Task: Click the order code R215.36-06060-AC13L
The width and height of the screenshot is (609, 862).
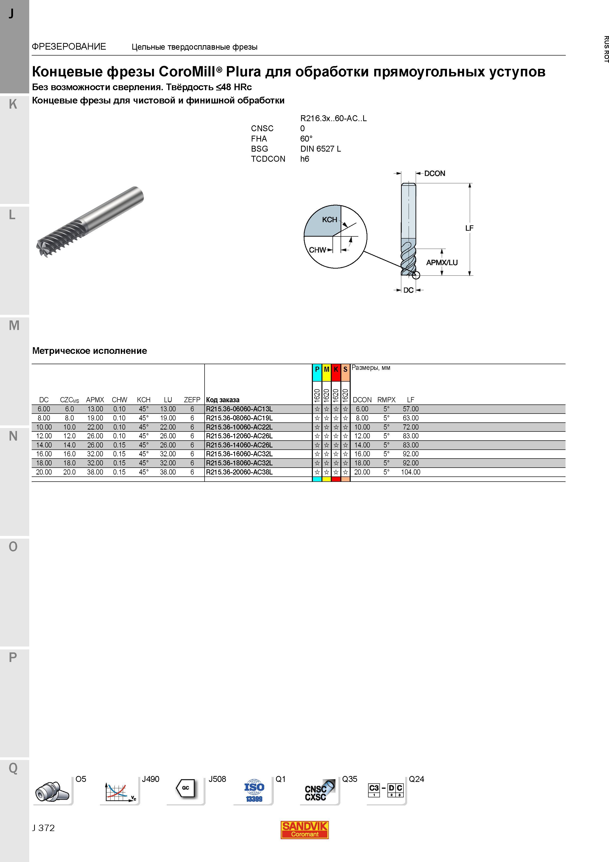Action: pyautogui.click(x=239, y=409)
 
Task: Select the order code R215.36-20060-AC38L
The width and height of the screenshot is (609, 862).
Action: pyautogui.click(x=239, y=472)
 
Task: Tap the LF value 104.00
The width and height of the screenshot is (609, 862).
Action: pyautogui.click(x=411, y=472)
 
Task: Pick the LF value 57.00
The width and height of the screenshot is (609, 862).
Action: pyautogui.click(x=411, y=409)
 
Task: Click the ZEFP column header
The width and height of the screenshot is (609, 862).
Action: pyautogui.click(x=192, y=400)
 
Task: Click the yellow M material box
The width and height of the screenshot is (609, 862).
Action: pyautogui.click(x=326, y=369)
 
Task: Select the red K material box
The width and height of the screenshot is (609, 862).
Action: pyautogui.click(x=336, y=369)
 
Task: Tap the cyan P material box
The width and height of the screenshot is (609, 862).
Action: pyautogui.click(x=317, y=369)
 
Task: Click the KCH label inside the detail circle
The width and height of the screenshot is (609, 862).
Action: pyautogui.click(x=330, y=220)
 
